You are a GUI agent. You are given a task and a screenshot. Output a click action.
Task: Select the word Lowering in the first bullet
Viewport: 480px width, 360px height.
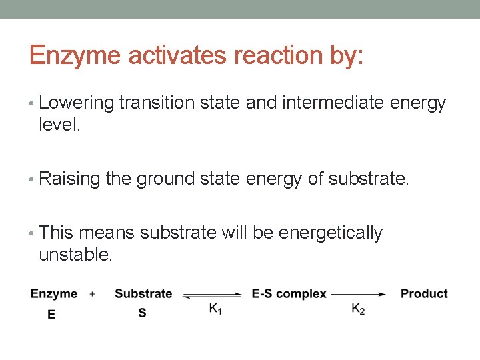[x=77, y=104]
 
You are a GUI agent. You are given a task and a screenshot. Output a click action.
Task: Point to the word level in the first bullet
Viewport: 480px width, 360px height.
[x=59, y=125]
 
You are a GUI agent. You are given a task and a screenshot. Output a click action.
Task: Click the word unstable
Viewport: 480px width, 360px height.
[x=75, y=253]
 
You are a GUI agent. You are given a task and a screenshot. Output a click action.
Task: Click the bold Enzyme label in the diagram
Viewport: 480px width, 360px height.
[x=54, y=294]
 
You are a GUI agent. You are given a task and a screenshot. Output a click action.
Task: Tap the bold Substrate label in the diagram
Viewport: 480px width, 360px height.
[x=143, y=294]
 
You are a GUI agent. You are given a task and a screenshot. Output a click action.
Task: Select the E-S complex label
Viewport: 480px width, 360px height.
[x=289, y=294]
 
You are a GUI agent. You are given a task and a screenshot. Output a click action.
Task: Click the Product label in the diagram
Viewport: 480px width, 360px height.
[x=424, y=294]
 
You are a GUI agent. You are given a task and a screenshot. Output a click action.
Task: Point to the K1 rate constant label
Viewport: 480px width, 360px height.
[x=215, y=309]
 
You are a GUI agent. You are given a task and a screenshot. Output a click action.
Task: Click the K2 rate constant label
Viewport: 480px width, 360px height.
[x=358, y=309]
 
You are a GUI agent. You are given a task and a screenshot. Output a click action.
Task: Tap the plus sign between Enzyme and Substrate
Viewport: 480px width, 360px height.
[x=92, y=294]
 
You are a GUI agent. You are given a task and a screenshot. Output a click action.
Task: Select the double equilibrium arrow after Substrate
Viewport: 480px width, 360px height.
[x=212, y=294]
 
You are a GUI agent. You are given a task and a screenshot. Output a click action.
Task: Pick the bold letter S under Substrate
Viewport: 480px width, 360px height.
[x=142, y=312]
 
